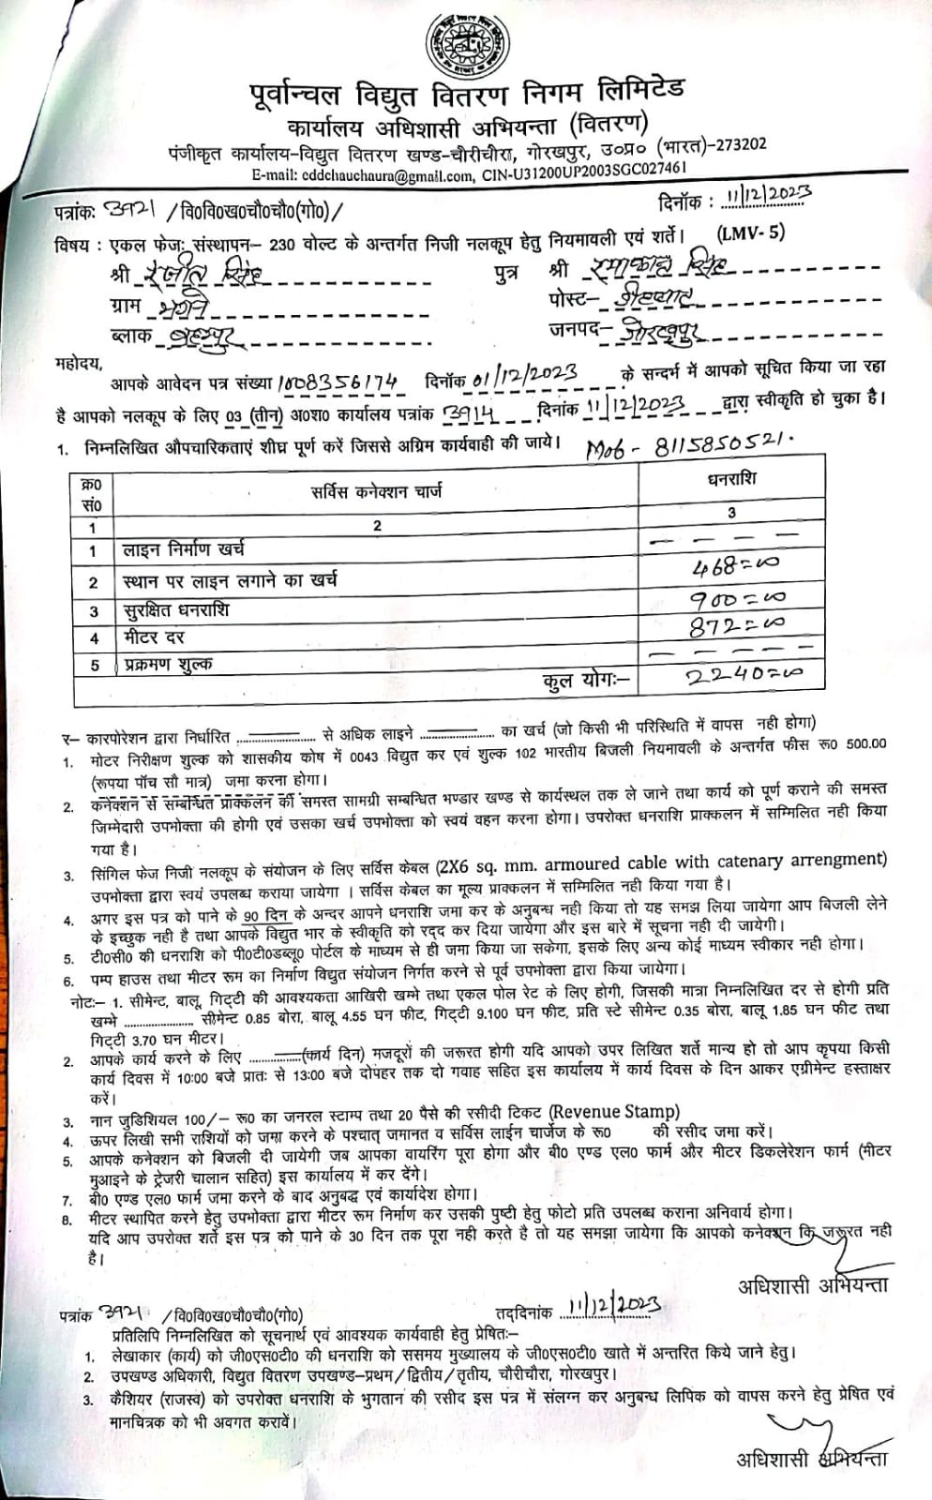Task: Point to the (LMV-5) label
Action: (750, 233)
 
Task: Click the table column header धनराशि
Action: (731, 479)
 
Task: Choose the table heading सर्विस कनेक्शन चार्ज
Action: (376, 490)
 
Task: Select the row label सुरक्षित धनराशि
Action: (175, 610)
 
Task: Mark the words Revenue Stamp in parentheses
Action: (614, 1112)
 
